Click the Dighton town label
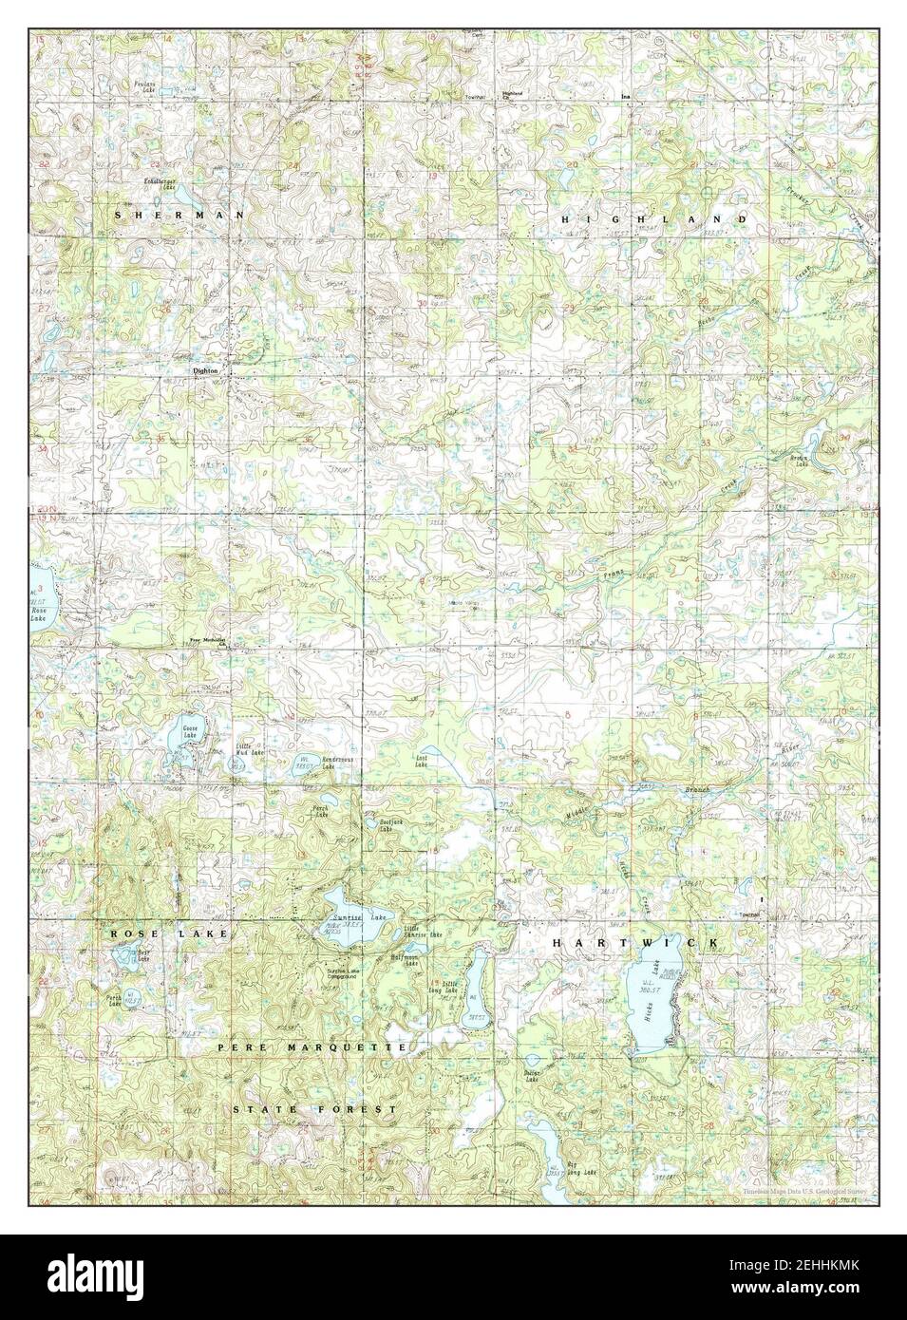205,371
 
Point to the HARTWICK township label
636,942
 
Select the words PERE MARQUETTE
312,1047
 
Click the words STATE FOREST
313,1109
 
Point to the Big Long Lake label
580,1174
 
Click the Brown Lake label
799,462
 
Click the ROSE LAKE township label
169,934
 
